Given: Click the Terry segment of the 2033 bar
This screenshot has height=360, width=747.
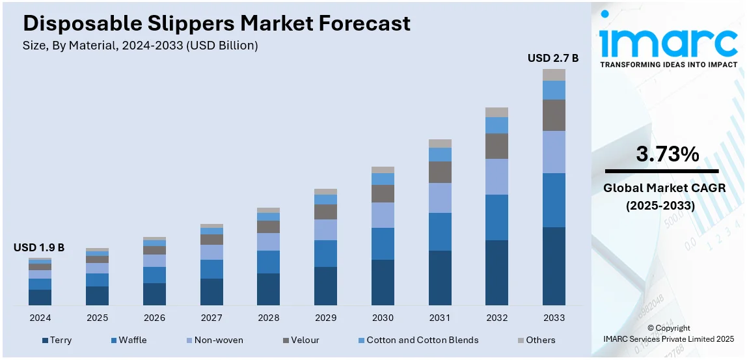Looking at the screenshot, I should [554, 266].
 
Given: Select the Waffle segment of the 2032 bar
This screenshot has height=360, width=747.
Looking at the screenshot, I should [496, 217].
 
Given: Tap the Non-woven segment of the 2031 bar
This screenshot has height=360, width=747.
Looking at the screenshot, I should [440, 198].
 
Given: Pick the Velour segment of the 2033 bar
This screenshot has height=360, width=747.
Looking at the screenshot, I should [554, 115].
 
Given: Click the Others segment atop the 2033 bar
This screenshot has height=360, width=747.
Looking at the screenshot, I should [554, 75].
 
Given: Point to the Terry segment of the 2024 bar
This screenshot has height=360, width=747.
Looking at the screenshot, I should [40, 298].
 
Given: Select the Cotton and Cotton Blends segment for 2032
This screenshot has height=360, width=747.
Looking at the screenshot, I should [496, 125].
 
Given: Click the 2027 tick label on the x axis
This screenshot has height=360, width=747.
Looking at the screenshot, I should [211, 318].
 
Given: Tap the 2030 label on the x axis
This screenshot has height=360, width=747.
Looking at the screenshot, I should [383, 318].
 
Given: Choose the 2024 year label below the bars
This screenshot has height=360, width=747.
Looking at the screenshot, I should [40, 318].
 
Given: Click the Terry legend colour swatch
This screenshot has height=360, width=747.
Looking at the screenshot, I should [45, 340].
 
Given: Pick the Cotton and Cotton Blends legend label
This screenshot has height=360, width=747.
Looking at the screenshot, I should [422, 340].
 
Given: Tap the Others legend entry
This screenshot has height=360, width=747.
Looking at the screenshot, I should [540, 340].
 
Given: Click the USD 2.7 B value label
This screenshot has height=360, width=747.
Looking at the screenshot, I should [553, 59].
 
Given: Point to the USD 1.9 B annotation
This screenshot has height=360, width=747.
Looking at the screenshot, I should [39, 247].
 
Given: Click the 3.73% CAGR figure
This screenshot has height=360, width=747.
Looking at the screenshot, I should [667, 154].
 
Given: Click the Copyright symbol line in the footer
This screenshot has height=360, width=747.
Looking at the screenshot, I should [669, 328].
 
